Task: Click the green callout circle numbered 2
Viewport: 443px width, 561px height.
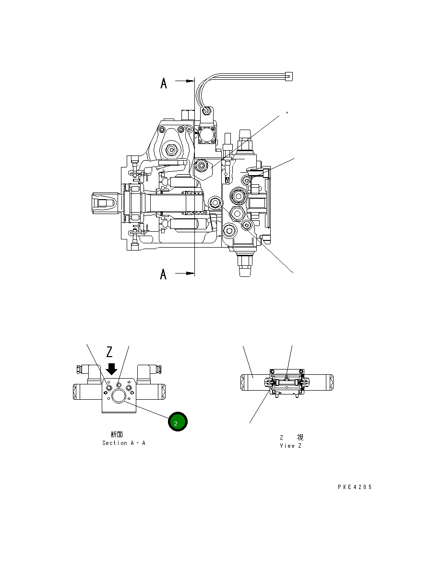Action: [177, 422]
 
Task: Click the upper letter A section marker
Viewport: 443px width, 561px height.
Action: [164, 84]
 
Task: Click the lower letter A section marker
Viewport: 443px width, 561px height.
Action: [164, 275]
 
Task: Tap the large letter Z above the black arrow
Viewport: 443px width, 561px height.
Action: [110, 352]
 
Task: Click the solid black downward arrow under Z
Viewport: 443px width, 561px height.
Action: [112, 369]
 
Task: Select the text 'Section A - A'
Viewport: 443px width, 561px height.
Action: [123, 443]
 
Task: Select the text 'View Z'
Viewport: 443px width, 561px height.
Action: [291, 446]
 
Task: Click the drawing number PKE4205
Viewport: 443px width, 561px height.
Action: [355, 487]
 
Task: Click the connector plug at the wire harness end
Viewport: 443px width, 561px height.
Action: [288, 76]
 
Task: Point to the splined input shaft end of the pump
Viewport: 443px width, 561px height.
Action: [103, 203]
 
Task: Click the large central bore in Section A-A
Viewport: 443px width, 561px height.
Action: [118, 395]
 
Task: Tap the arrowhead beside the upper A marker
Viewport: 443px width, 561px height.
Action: [189, 81]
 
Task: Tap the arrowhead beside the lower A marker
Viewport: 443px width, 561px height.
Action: [189, 273]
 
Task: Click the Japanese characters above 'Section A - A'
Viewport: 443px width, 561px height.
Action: [117, 434]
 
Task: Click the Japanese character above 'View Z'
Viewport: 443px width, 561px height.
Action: [299, 437]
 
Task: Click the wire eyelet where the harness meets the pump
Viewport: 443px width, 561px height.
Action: [206, 112]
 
